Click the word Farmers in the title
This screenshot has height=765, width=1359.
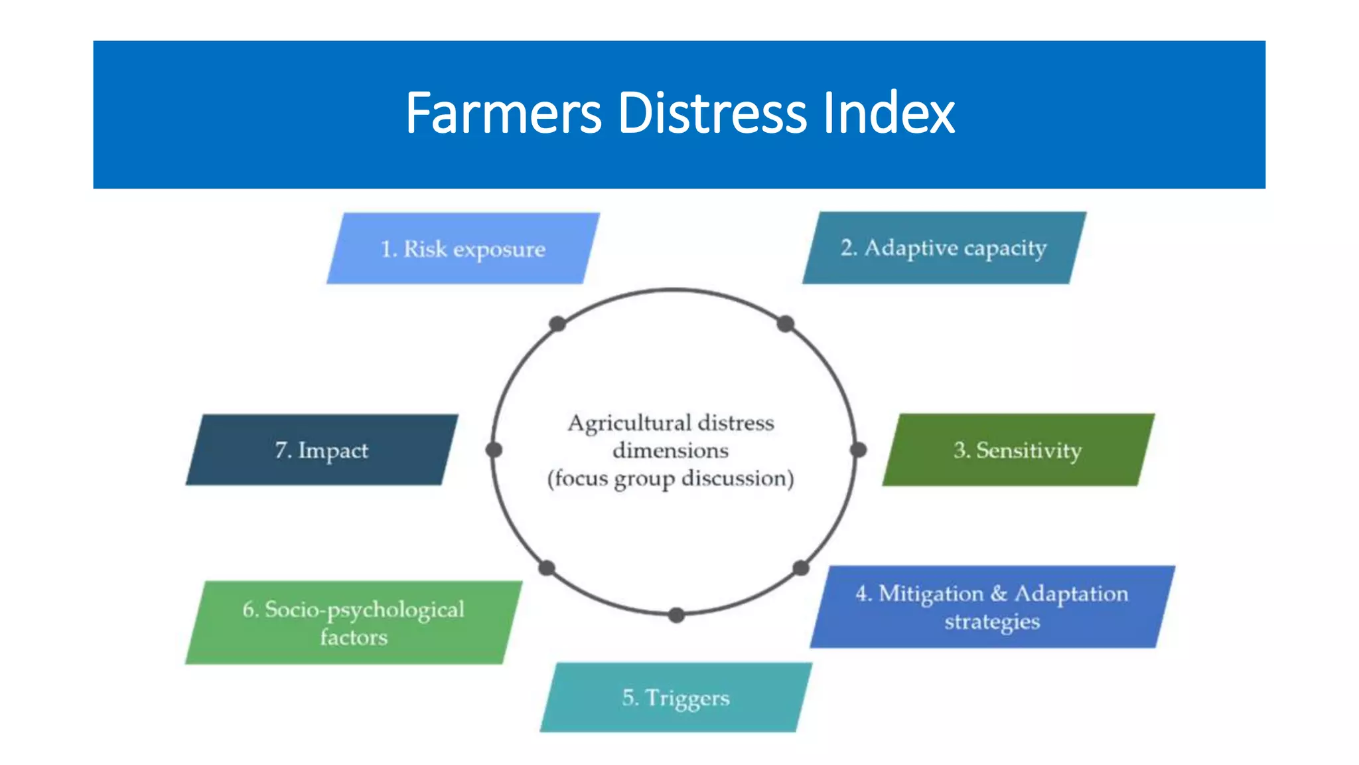[503, 114]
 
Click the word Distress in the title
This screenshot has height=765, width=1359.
[712, 114]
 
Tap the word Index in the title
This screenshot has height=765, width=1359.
[889, 114]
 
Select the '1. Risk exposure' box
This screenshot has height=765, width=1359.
[463, 249]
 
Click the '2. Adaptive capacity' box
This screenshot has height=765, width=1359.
[944, 248]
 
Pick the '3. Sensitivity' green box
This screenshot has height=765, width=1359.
[1018, 450]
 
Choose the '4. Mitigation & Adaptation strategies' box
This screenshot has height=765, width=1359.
[992, 607]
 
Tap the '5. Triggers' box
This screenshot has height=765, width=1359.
[676, 697]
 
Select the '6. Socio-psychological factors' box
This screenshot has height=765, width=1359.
[353, 623]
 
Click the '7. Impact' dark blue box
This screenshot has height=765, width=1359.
[322, 450]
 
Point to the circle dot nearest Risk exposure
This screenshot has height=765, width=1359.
[557, 324]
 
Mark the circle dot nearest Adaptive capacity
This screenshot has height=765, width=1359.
[786, 324]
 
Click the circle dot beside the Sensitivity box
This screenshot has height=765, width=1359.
[858, 450]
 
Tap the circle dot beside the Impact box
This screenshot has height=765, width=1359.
[494, 450]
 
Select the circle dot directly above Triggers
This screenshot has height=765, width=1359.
[676, 616]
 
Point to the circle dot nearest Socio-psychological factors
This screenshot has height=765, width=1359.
[547, 568]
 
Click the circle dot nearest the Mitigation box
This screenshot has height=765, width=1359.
[801, 568]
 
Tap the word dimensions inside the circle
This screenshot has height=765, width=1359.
[670, 451]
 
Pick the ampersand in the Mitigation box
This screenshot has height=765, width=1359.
[999, 593]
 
